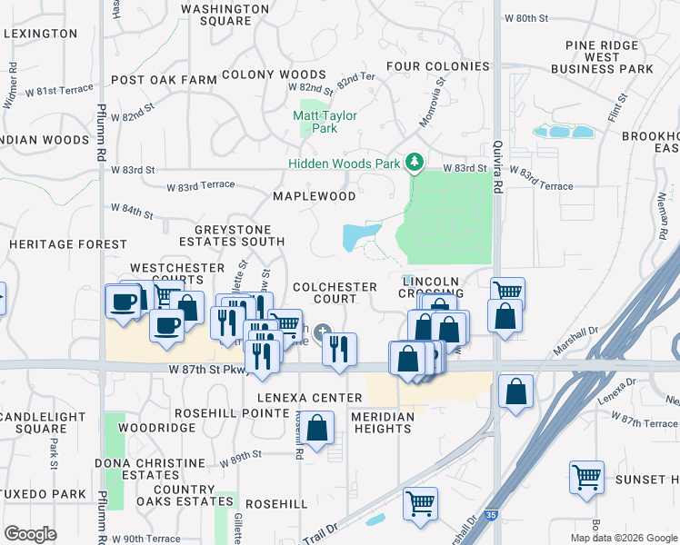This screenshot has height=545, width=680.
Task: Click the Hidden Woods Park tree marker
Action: point(415,163)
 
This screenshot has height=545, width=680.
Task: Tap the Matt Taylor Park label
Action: point(325,122)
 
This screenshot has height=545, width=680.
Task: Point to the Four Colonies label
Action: point(437,66)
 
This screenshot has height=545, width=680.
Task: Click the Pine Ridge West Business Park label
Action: point(608,56)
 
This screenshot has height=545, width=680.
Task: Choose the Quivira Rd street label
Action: point(498,173)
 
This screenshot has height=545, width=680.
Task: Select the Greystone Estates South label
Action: point(231,235)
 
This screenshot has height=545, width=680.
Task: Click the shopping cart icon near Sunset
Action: point(586,476)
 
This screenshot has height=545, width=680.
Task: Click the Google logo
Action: point(30,534)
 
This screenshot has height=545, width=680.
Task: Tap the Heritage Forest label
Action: point(68,244)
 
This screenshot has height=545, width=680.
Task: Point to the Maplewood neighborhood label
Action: point(315,196)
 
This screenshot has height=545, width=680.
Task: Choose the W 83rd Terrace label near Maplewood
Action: point(200,186)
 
